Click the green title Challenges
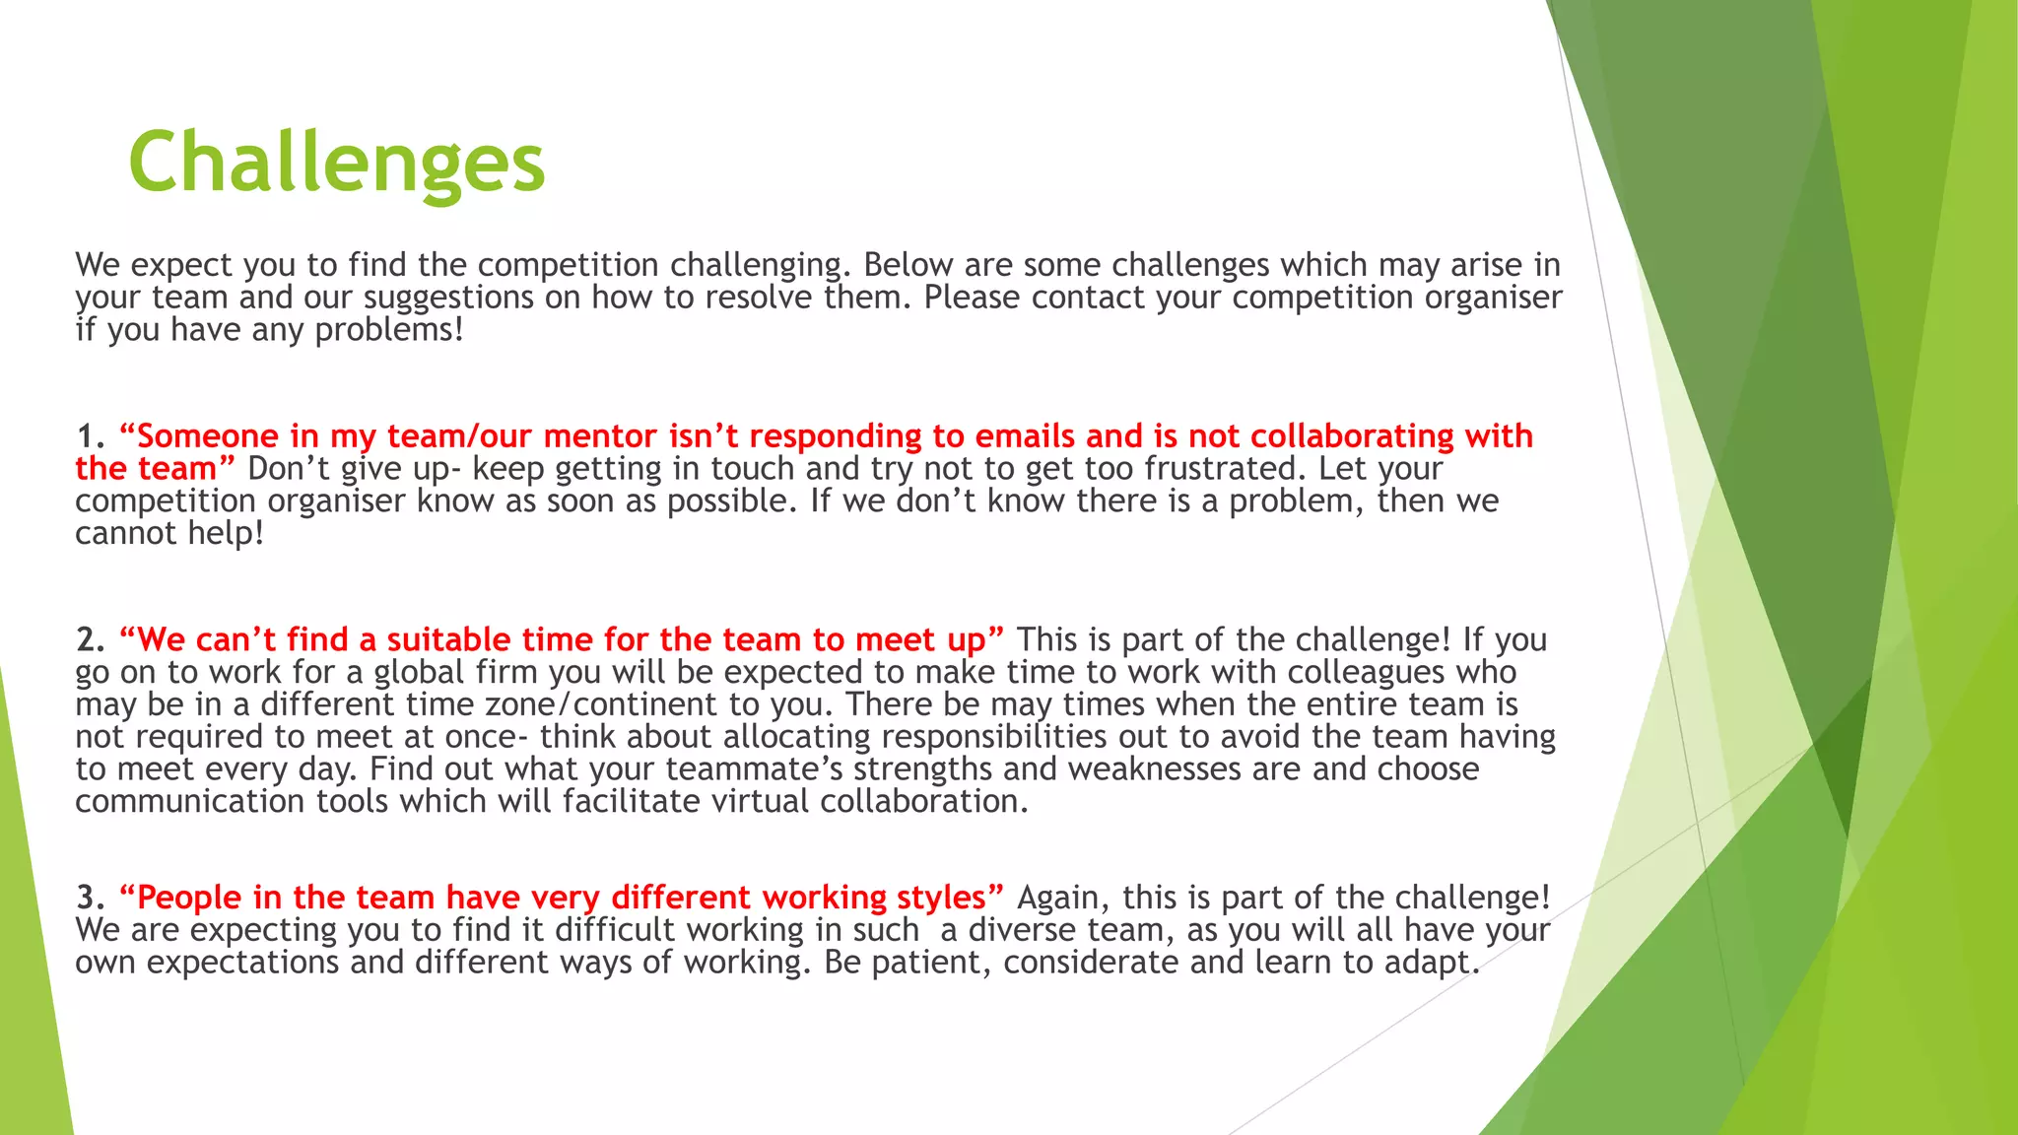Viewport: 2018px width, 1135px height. (x=336, y=163)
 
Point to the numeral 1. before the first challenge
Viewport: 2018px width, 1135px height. (x=91, y=436)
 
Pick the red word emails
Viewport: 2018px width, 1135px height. (x=1025, y=436)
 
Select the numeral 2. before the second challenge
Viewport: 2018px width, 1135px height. (x=91, y=640)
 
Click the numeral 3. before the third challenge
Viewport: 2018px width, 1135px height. (x=91, y=898)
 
